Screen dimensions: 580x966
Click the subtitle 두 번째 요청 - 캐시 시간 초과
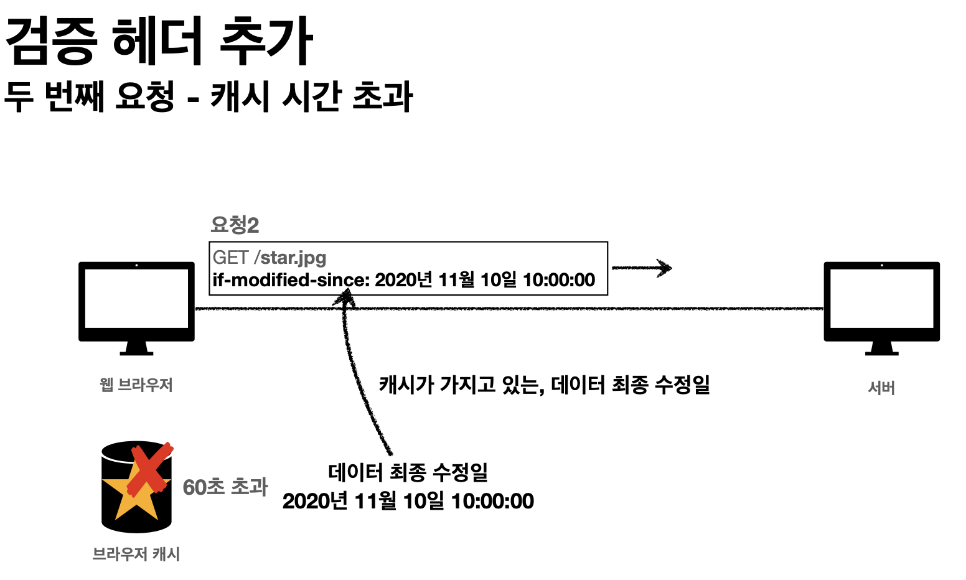pyautogui.click(x=208, y=97)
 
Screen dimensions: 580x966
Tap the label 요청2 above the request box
pyautogui.click(x=235, y=225)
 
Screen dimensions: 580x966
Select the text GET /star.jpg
pyautogui.click(x=269, y=257)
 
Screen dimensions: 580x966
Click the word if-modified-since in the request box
pyautogui.click(x=290, y=280)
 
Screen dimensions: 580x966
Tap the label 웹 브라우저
pyautogui.click(x=136, y=385)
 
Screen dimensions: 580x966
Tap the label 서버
pyautogui.click(x=881, y=388)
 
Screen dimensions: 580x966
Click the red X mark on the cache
pyautogui.click(x=149, y=468)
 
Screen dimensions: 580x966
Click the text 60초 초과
pyautogui.click(x=225, y=487)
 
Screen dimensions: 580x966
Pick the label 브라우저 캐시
pyautogui.click(x=136, y=553)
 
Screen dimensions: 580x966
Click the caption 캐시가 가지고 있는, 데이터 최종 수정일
pyautogui.click(x=544, y=385)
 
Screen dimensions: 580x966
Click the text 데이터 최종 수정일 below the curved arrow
pyautogui.click(x=408, y=472)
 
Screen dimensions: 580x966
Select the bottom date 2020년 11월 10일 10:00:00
pyautogui.click(x=408, y=501)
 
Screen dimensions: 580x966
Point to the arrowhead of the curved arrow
pyautogui.click(x=345, y=298)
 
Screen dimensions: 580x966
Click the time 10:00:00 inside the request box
pyautogui.click(x=559, y=280)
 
